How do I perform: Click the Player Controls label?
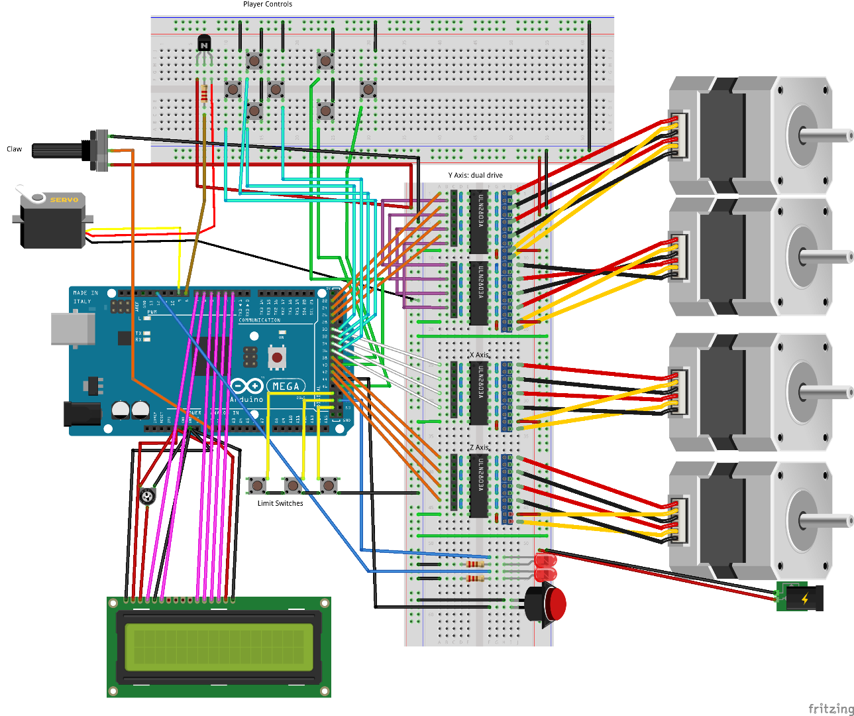[x=267, y=5]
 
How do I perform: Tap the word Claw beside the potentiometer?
[x=14, y=149]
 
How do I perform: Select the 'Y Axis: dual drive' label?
[x=475, y=175]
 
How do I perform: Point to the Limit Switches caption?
[x=280, y=503]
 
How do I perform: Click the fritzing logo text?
[x=831, y=709]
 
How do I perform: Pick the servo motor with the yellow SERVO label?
[x=53, y=219]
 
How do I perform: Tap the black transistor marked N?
[x=204, y=44]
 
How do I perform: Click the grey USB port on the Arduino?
[x=72, y=329]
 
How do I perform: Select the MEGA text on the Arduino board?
[x=286, y=386]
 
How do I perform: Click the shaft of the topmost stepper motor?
[x=826, y=136]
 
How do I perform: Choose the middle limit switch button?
[x=292, y=486]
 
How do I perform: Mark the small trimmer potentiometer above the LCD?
[x=148, y=496]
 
